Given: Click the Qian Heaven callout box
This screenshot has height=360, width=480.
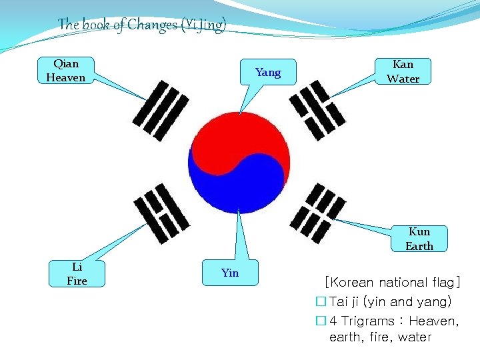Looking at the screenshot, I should (66, 71).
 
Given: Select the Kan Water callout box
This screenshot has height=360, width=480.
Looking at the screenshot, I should (403, 71).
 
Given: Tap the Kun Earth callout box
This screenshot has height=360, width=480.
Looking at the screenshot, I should (419, 239).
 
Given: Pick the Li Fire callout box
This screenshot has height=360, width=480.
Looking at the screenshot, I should (77, 273).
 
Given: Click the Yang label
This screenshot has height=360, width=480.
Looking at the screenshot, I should (268, 72).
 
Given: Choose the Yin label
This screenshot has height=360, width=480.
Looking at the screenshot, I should (230, 273).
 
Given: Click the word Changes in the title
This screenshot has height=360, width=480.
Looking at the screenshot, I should (152, 25).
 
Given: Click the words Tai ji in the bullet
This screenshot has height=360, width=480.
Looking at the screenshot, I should (343, 302).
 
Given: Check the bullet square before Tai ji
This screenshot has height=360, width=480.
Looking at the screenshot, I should (321, 302).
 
